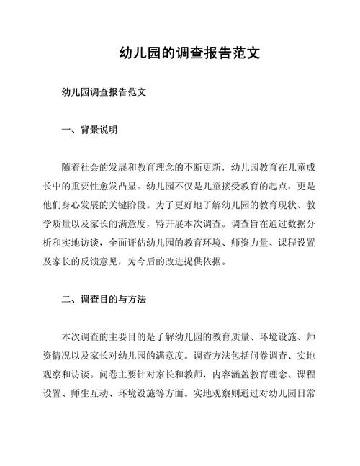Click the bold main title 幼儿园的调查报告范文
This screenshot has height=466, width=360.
179,54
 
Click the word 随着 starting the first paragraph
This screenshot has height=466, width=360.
72,167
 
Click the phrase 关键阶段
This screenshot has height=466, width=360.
180,205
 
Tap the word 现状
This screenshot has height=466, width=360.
276,205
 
